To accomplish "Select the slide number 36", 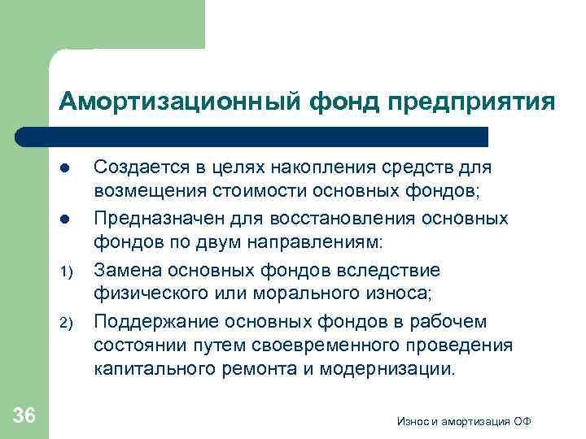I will [24, 416].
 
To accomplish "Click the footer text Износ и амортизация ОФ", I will [465, 420].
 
